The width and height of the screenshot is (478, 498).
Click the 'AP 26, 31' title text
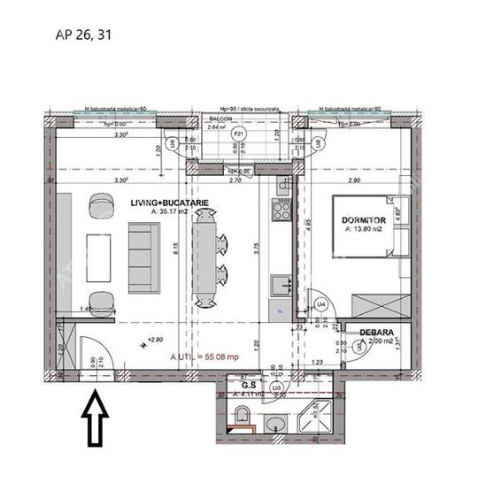pos(84,35)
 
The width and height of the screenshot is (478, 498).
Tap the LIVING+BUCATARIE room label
pos(170,203)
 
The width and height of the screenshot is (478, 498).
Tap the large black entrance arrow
pos(94,420)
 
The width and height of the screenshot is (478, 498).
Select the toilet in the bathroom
pos(243,416)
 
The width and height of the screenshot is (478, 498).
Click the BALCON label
pos(220,118)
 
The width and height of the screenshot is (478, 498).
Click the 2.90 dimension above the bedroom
pos(354,180)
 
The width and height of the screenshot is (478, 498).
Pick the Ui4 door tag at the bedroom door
pos(322,304)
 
